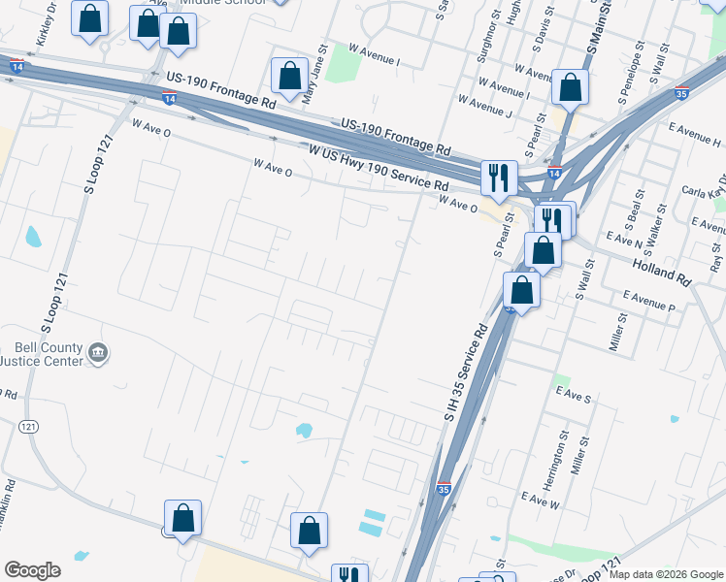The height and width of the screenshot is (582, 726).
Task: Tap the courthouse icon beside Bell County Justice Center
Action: point(97,354)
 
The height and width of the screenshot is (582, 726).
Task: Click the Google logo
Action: point(32,570)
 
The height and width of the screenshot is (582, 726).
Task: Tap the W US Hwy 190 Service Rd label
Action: point(379,167)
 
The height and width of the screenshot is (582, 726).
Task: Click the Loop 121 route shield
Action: point(28,426)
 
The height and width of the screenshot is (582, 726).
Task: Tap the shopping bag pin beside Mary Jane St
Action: point(289,75)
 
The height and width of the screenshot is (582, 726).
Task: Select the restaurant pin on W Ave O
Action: point(498,177)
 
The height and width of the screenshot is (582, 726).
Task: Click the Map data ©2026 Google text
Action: point(667,574)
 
